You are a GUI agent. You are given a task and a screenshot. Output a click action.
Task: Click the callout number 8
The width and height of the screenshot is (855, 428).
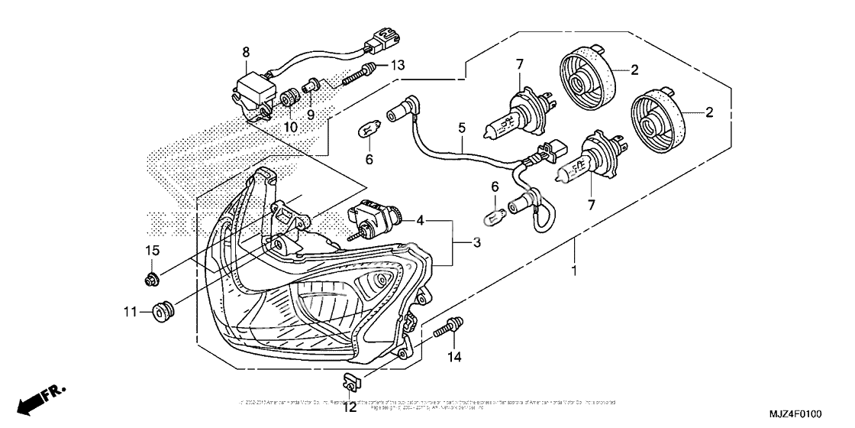(246, 52)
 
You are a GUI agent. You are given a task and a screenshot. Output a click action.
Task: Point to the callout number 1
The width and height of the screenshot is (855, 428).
(574, 271)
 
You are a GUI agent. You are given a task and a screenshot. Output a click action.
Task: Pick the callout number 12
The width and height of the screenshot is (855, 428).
(350, 407)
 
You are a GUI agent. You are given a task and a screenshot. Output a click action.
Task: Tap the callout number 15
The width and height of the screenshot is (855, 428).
(151, 251)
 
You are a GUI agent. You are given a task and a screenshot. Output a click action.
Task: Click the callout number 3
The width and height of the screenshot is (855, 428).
(476, 242)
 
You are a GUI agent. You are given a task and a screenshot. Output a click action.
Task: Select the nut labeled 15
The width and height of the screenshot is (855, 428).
(151, 278)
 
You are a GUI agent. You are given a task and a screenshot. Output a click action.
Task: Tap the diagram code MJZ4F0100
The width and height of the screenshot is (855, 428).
(789, 415)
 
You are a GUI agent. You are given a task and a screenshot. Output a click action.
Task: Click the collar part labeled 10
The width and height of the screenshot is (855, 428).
(290, 99)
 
